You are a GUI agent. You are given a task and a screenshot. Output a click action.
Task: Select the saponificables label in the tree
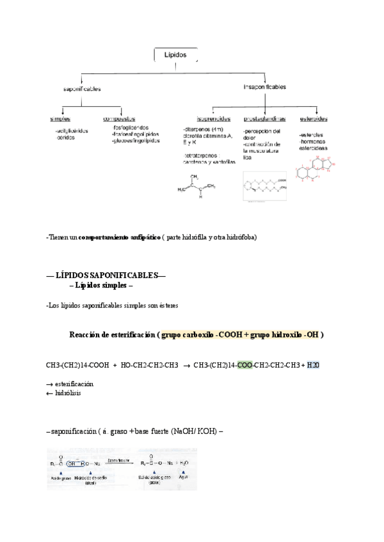click(x=81, y=89)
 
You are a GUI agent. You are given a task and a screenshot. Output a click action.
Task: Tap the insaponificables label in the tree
click(x=264, y=86)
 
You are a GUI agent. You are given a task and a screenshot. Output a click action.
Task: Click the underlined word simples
click(x=61, y=119)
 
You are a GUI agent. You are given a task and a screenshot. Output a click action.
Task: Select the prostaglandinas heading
click(x=264, y=119)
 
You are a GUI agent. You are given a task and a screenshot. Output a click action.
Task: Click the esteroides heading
click(x=314, y=119)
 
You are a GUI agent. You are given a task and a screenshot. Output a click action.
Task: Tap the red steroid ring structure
click(x=313, y=167)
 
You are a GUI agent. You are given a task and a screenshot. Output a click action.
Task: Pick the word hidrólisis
click(x=67, y=393)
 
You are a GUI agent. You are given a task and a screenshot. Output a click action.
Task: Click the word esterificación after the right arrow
click(x=74, y=383)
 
